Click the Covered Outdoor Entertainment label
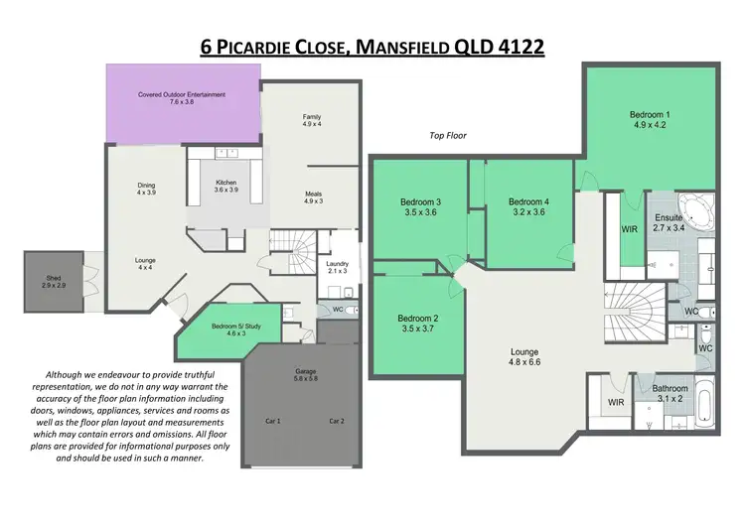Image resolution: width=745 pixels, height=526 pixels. (x=183, y=97)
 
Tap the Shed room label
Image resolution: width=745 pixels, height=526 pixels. (x=54, y=282)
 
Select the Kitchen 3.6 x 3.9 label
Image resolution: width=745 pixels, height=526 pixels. (x=226, y=186)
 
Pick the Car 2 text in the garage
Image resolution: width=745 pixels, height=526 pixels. (x=336, y=421)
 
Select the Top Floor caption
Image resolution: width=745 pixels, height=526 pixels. (x=447, y=135)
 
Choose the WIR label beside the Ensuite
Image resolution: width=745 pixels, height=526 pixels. (x=628, y=228)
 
